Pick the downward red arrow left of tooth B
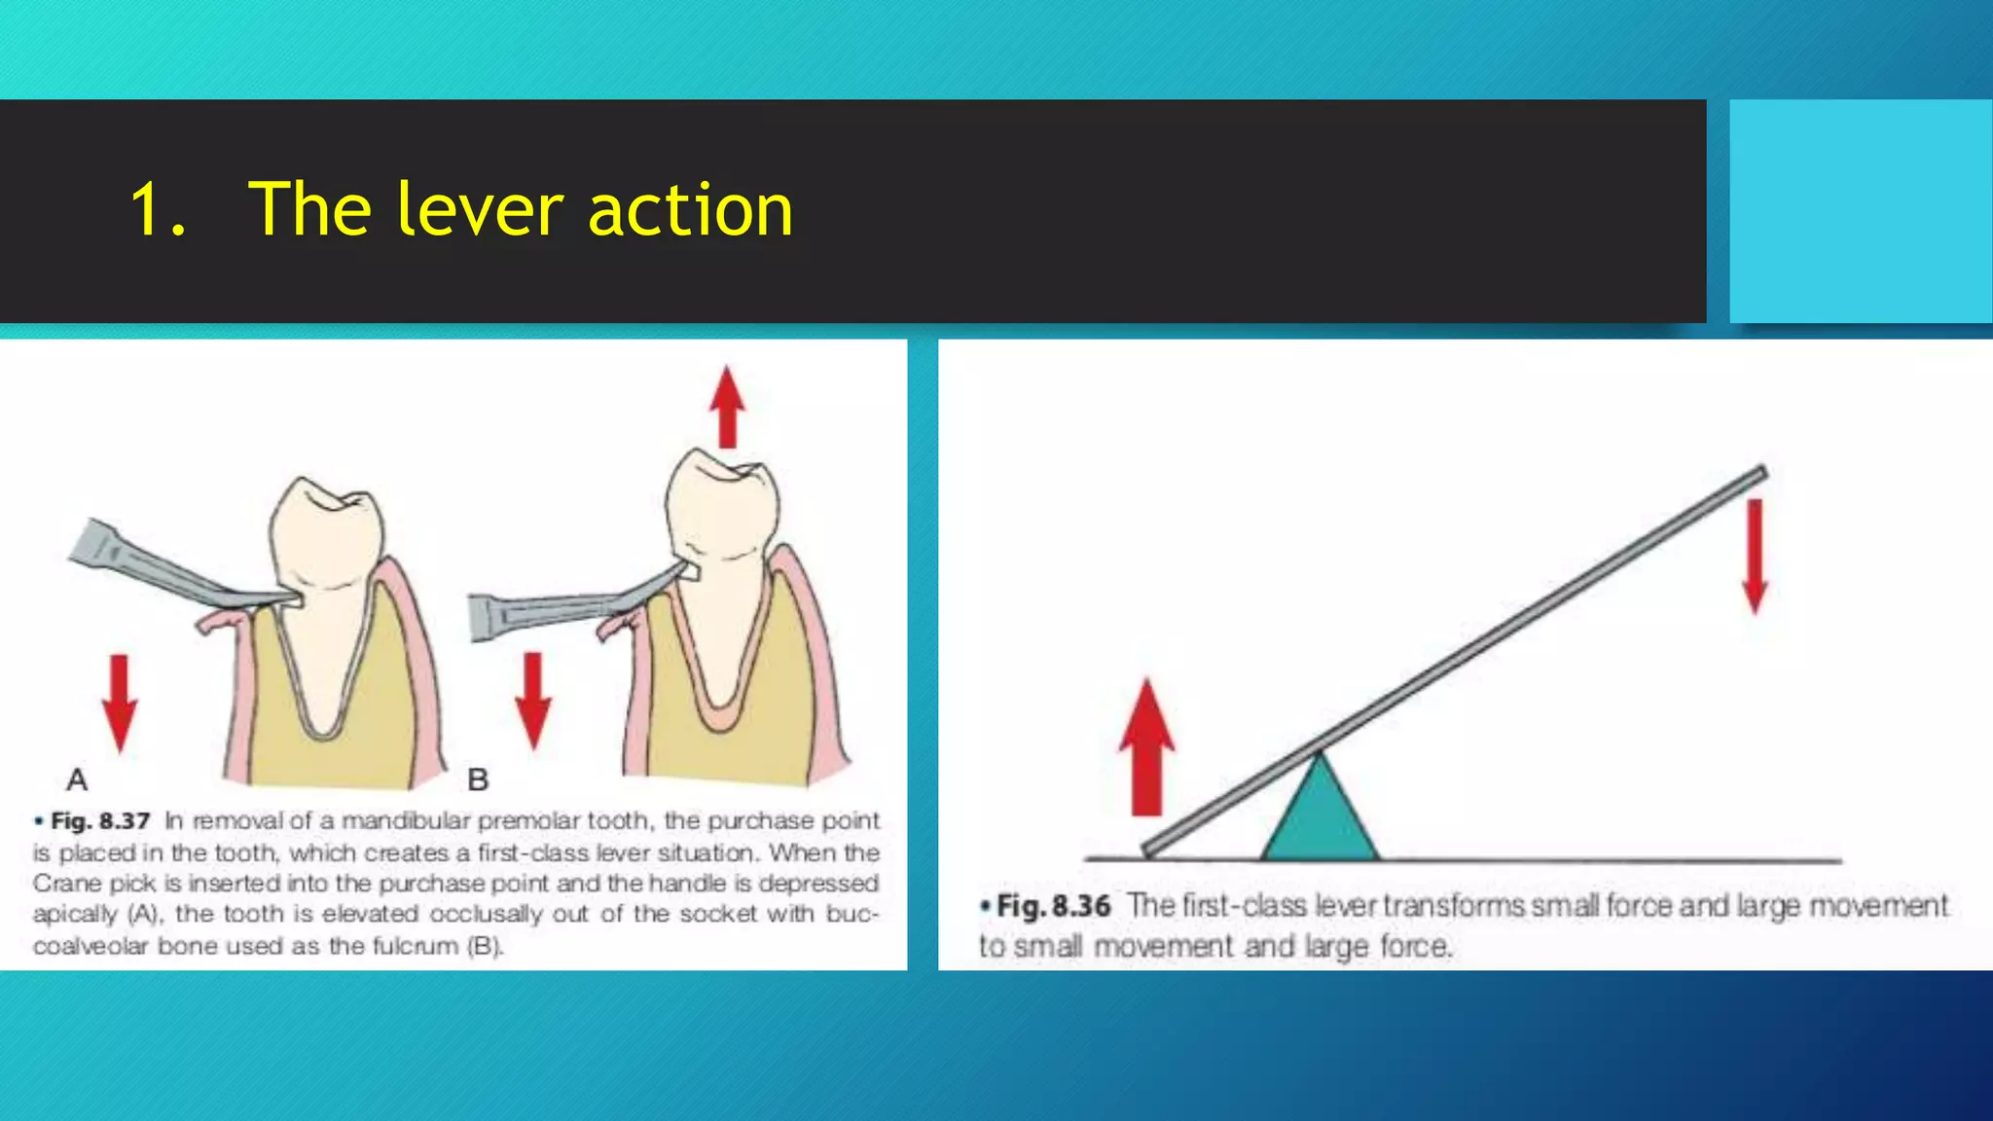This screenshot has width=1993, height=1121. pyautogui.click(x=532, y=700)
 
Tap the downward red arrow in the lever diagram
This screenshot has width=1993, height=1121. pyautogui.click(x=1755, y=556)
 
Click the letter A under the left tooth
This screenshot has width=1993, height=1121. pyautogui.click(x=77, y=779)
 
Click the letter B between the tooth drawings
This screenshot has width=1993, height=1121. pyautogui.click(x=478, y=779)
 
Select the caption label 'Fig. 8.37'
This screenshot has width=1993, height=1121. pyautogui.click(x=100, y=821)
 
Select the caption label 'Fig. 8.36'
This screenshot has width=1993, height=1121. pyautogui.click(x=1054, y=906)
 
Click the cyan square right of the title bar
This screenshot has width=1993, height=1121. pyautogui.click(x=1860, y=210)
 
